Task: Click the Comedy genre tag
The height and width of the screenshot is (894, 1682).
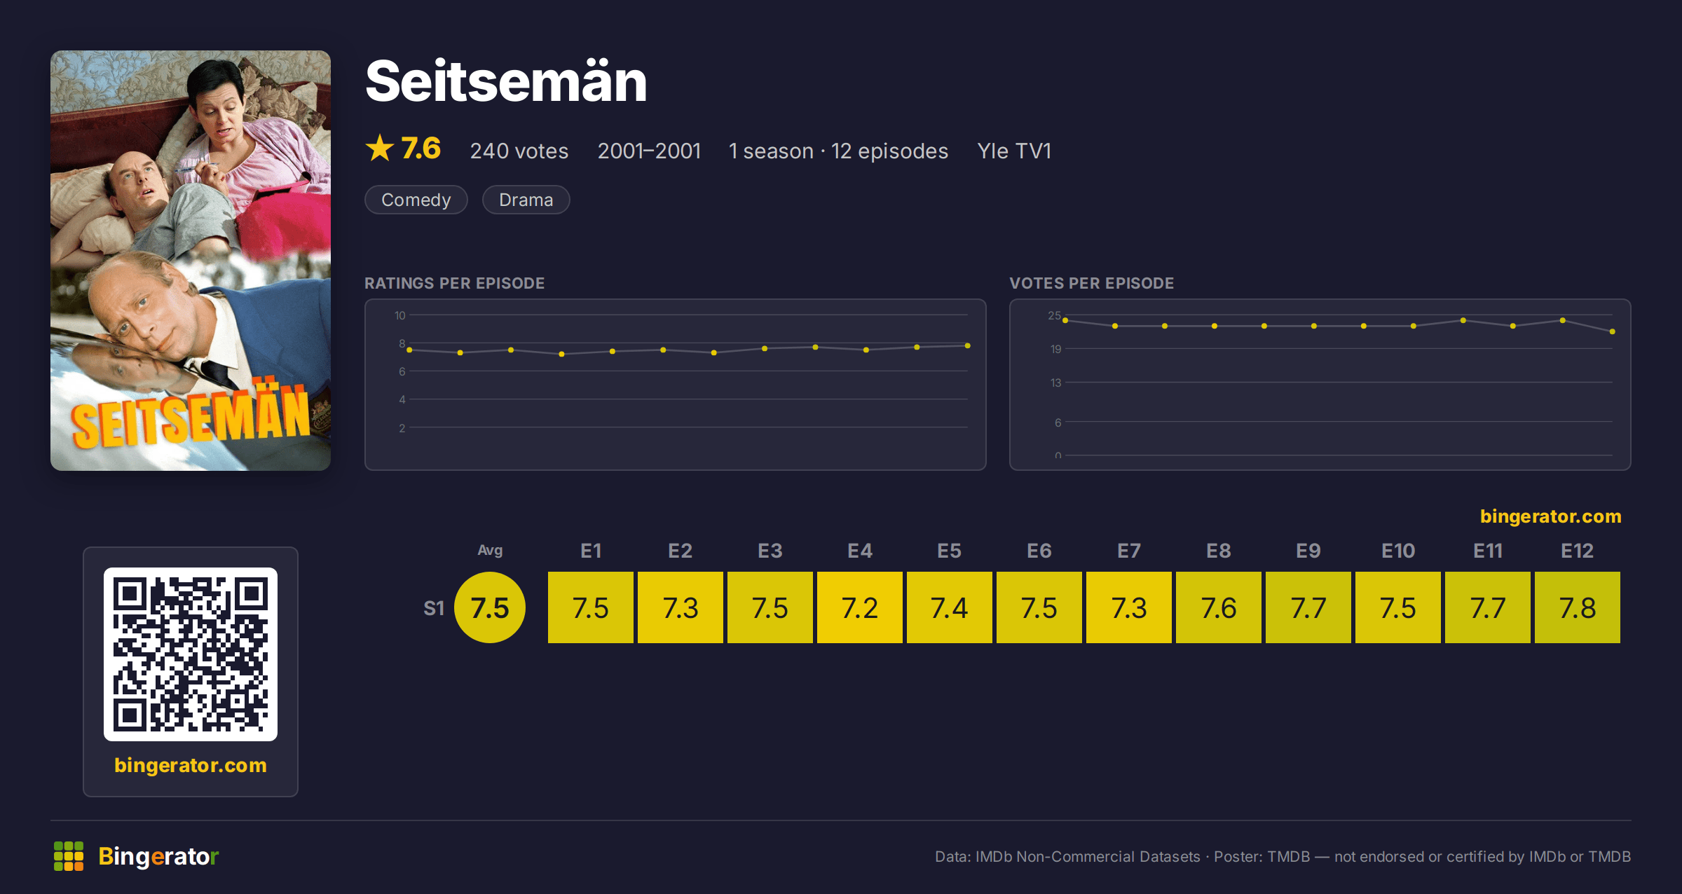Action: click(416, 200)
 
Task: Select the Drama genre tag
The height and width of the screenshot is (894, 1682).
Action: click(526, 200)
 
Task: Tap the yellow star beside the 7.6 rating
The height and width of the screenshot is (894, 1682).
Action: click(380, 148)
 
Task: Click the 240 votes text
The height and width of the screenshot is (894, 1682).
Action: click(519, 151)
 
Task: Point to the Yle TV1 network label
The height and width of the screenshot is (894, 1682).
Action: click(1014, 151)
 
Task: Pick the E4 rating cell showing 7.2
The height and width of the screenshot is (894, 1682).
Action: click(860, 607)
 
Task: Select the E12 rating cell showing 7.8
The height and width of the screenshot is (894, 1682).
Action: click(1578, 607)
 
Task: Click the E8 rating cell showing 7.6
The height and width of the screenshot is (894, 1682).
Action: click(1219, 607)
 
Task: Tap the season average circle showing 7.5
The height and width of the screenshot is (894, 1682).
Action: click(490, 607)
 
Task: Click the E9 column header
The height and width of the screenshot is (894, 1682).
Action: click(1308, 551)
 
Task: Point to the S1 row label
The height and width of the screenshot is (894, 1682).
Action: click(434, 608)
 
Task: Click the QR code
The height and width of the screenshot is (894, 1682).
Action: click(191, 654)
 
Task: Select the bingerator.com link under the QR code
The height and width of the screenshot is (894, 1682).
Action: click(191, 765)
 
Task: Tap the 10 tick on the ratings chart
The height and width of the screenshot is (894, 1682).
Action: click(400, 315)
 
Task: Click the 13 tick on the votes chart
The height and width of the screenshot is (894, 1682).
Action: click(1056, 383)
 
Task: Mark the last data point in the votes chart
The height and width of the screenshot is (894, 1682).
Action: click(1613, 331)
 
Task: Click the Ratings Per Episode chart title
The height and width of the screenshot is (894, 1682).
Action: click(454, 283)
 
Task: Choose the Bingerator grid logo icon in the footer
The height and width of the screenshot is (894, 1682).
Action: click(69, 856)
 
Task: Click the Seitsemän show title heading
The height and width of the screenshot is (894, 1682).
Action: click(506, 82)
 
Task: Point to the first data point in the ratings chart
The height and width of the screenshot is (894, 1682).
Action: click(409, 350)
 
